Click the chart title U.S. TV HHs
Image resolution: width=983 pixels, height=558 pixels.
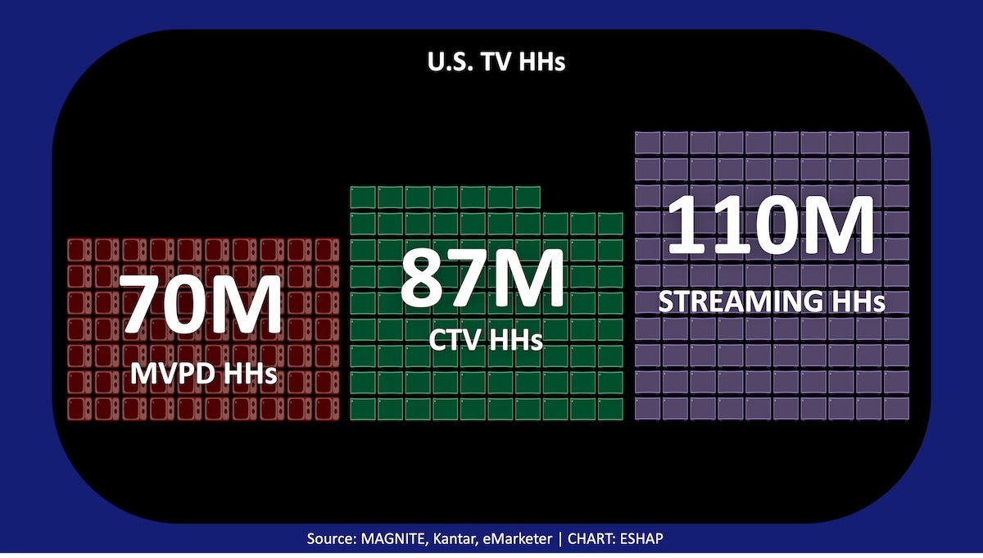click(x=496, y=62)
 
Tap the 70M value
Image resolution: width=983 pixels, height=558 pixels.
click(x=202, y=305)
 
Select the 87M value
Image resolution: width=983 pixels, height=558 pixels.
click(x=483, y=279)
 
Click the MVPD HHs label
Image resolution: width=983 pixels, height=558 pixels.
click(x=203, y=374)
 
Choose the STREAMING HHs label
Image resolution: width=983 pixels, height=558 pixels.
click(x=772, y=302)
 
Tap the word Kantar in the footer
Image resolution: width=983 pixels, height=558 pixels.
click(x=465, y=541)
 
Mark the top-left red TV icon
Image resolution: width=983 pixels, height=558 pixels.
click(x=79, y=250)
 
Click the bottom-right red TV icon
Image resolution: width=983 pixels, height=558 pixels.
click(x=328, y=409)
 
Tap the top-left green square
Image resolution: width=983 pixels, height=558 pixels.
click(x=363, y=197)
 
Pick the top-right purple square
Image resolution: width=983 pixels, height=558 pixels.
click(x=897, y=143)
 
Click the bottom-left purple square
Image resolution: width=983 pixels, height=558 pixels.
click(x=648, y=408)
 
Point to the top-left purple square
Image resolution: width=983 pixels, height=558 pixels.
click(x=648, y=143)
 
